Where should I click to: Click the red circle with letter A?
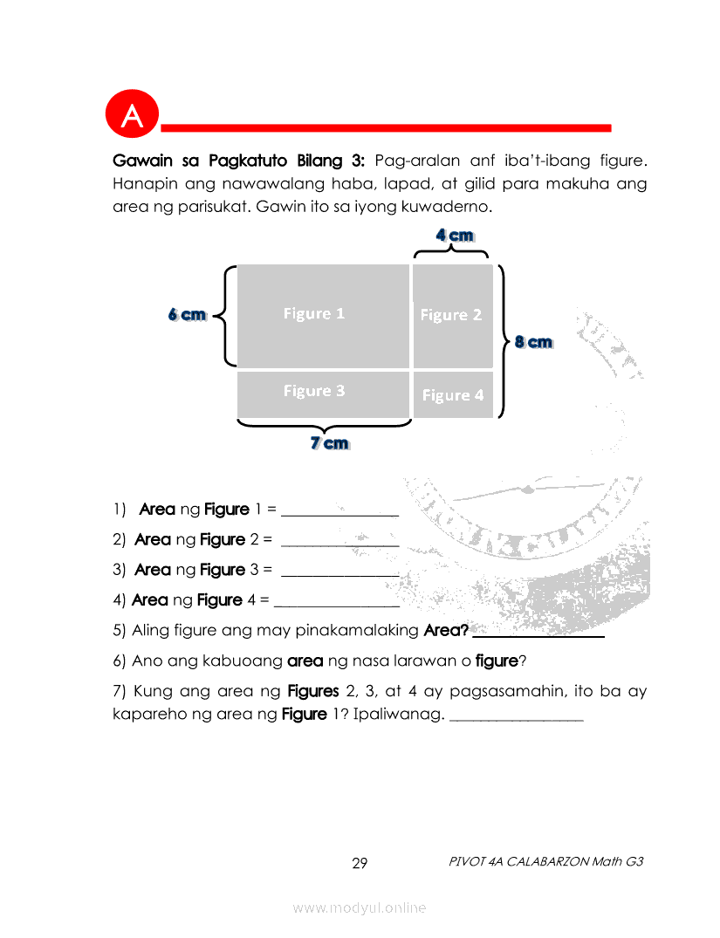(133, 114)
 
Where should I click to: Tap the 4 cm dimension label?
(455, 235)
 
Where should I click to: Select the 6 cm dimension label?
(188, 315)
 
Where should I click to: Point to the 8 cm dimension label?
(534, 341)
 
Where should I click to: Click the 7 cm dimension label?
(330, 443)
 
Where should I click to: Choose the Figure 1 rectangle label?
(314, 313)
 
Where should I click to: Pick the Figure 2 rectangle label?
(450, 315)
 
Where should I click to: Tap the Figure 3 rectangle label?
(314, 391)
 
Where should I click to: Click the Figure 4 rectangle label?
(453, 395)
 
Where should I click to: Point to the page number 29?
(360, 863)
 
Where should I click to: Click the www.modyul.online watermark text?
(360, 908)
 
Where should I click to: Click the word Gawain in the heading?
(142, 161)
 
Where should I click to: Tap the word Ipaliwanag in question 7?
(399, 715)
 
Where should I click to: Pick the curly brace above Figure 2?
(450, 252)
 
